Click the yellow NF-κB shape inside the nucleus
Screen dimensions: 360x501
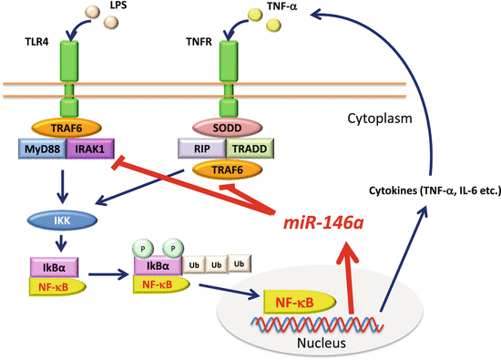(x=291, y=297)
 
